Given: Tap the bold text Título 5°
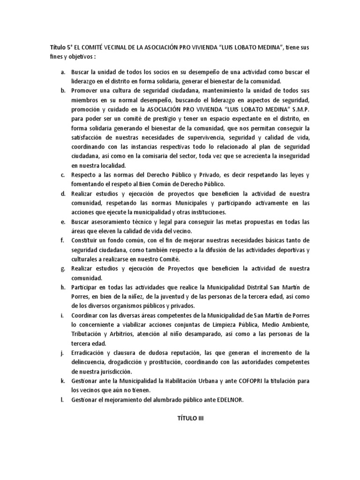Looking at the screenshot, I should click(x=62, y=48).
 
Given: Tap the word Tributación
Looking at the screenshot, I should click(x=89, y=334).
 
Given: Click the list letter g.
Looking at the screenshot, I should click(x=62, y=268).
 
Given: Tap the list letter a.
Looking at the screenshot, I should click(x=62, y=73).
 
